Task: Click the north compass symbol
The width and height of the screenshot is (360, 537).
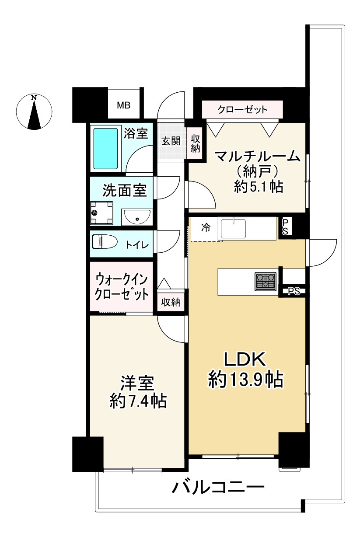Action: [34, 112]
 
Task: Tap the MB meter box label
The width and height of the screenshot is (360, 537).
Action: [123, 106]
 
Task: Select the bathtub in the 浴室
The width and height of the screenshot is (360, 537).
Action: [106, 149]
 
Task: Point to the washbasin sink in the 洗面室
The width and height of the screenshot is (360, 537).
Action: [136, 216]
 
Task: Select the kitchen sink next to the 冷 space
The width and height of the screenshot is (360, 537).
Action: [233, 228]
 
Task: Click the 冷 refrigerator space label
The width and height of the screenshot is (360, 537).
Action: [205, 227]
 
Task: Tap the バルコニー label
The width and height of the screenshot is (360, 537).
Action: [217, 486]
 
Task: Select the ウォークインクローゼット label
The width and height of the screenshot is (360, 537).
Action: [122, 286]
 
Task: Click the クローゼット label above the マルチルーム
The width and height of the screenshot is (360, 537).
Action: [242, 109]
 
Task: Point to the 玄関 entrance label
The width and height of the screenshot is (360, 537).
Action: [171, 142]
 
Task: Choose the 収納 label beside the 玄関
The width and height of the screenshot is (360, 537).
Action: [195, 144]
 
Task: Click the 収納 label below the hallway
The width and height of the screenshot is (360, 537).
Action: [171, 302]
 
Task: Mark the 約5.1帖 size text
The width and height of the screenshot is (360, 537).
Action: [258, 187]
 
